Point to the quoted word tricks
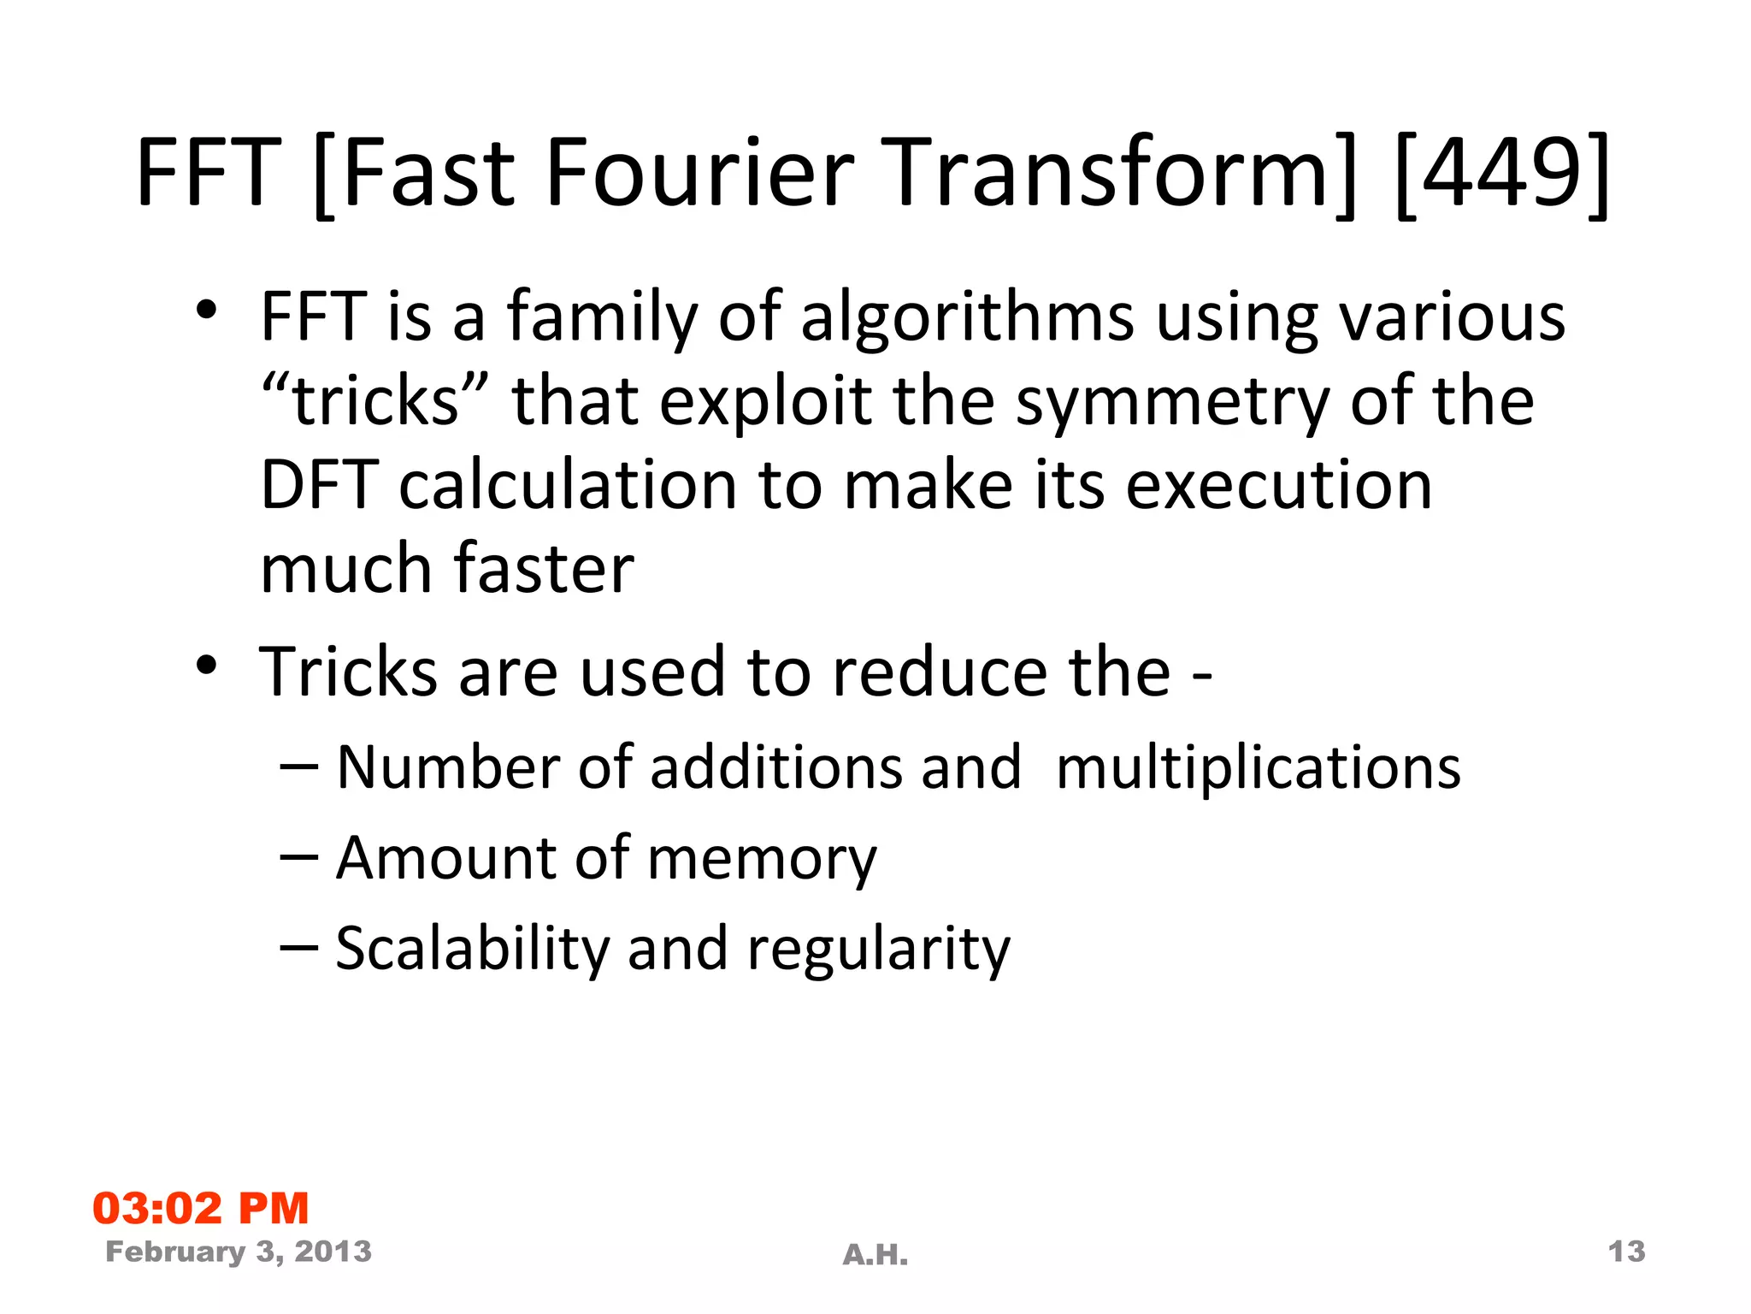click(x=375, y=401)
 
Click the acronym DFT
click(x=319, y=485)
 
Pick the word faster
click(x=544, y=568)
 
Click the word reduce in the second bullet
click(x=937, y=672)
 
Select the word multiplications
click(x=1258, y=768)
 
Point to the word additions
click(x=775, y=767)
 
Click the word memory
click(x=762, y=859)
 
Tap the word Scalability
click(x=472, y=950)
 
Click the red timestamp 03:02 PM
click(x=200, y=1208)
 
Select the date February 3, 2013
click(x=239, y=1252)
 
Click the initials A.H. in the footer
click(x=875, y=1255)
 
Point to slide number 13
click(x=1626, y=1252)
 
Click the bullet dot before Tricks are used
click(x=206, y=665)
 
